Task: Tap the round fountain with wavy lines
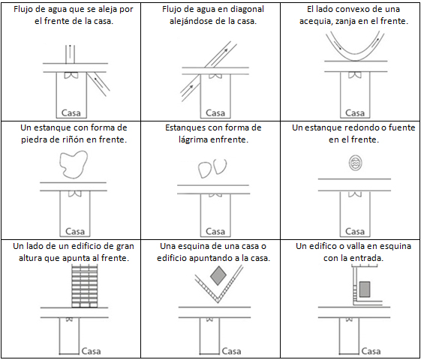tap(356, 163)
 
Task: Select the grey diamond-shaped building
tap(218, 275)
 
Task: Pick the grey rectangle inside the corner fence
tap(365, 289)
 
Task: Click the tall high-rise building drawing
tap(85, 286)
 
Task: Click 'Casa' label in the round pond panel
tap(355, 231)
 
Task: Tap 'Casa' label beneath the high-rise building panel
tap(91, 351)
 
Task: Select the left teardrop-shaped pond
tap(204, 169)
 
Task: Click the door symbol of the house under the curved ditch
tap(355, 74)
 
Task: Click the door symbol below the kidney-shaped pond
tap(74, 193)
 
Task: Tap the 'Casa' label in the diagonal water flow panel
tap(215, 112)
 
